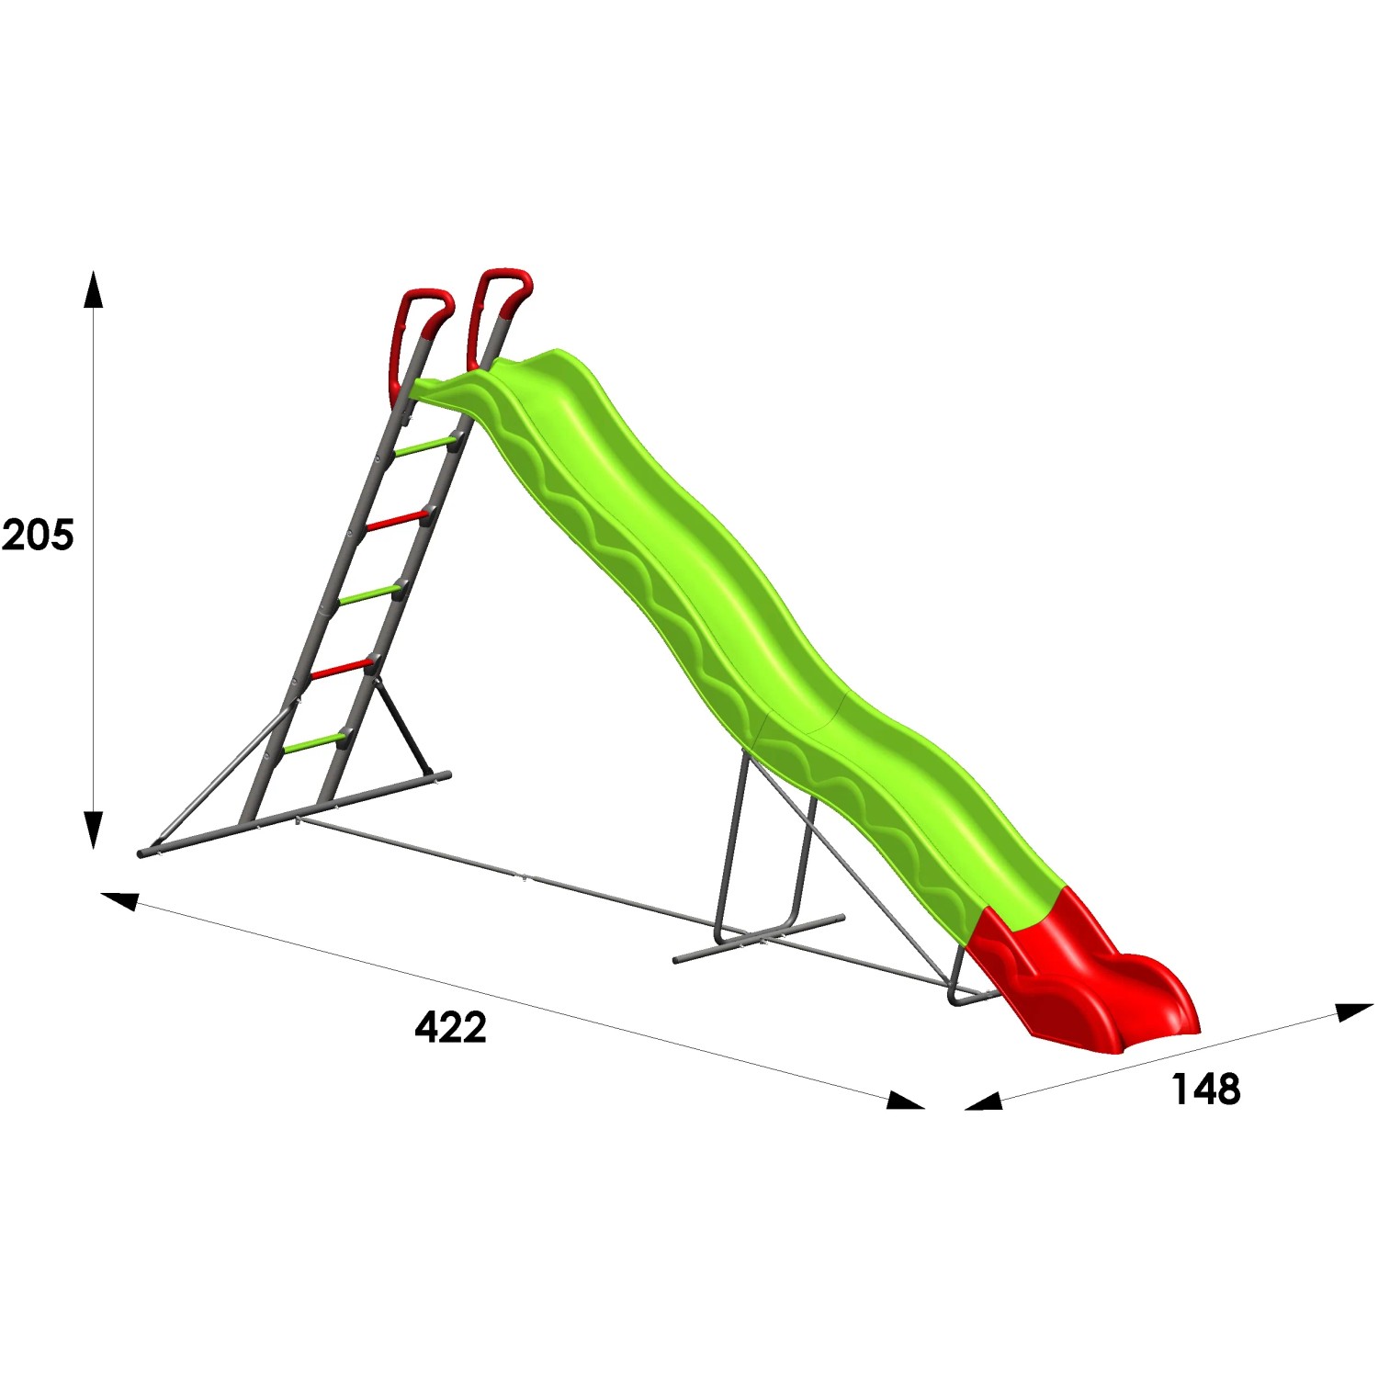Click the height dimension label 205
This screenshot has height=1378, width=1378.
click(x=38, y=535)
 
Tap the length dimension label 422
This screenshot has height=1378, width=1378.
click(x=450, y=1027)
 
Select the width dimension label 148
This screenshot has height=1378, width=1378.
click(x=1205, y=1089)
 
